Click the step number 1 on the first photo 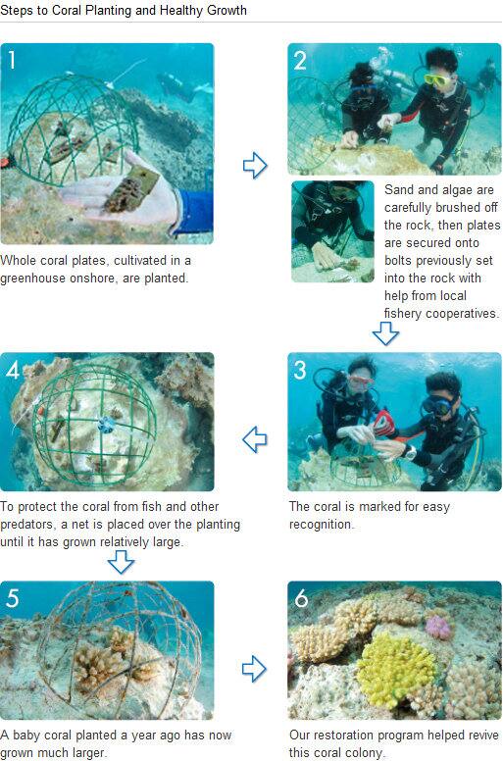pyautogui.click(x=12, y=60)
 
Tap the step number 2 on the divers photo pyautogui.click(x=300, y=60)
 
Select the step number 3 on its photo pyautogui.click(x=300, y=370)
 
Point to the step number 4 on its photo pyautogui.click(x=13, y=370)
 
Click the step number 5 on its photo pyautogui.click(x=13, y=598)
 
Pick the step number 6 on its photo pyautogui.click(x=301, y=598)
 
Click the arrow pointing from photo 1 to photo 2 pyautogui.click(x=255, y=166)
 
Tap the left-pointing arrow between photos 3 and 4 pyautogui.click(x=255, y=439)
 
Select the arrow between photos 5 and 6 pyautogui.click(x=254, y=669)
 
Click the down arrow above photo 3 pyautogui.click(x=385, y=333)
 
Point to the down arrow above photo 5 pyautogui.click(x=121, y=562)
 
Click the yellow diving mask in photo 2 pyautogui.click(x=437, y=79)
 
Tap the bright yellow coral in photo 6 pyautogui.click(x=398, y=670)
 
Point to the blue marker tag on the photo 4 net pyautogui.click(x=106, y=425)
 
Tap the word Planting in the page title pyautogui.click(x=108, y=10)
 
